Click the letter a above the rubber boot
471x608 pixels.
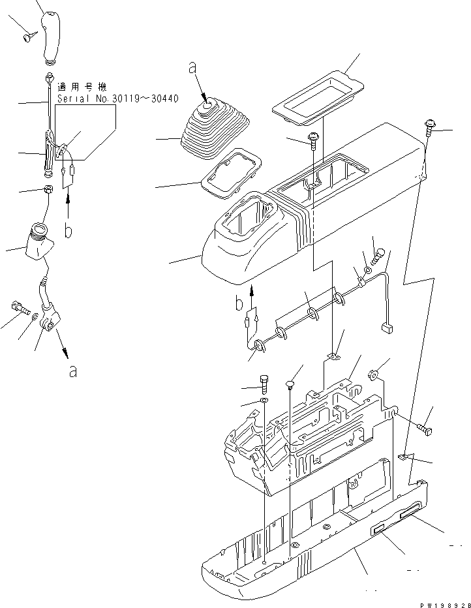[x=192, y=67]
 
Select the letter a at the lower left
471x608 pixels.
[x=73, y=372]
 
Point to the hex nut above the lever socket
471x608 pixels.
[x=47, y=190]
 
